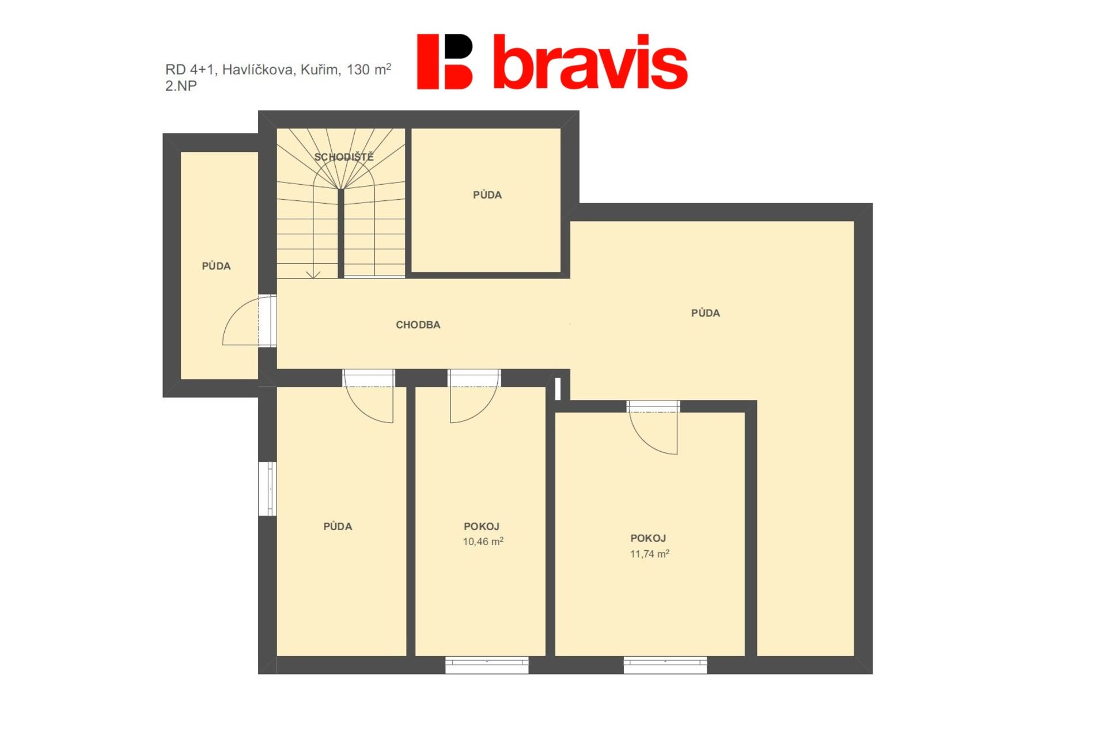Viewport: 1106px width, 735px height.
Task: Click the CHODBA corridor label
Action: tap(418, 325)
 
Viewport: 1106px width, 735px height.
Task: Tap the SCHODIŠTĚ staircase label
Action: tap(344, 157)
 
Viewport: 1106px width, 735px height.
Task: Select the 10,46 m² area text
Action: tap(483, 541)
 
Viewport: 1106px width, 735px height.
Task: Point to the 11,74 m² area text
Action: tap(649, 554)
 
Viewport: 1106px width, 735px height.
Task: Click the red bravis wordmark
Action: tap(590, 62)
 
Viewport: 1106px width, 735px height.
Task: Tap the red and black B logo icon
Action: tap(445, 62)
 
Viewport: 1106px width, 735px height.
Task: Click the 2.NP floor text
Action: tap(181, 86)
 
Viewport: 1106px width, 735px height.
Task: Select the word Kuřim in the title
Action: tap(320, 70)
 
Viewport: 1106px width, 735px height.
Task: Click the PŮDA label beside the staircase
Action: tap(487, 195)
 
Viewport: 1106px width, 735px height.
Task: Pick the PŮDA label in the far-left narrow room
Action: tap(216, 266)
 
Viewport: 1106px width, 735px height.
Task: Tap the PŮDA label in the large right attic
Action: tap(706, 313)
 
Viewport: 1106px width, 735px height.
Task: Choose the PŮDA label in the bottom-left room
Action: tap(338, 526)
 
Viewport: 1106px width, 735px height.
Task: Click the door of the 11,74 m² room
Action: tap(653, 428)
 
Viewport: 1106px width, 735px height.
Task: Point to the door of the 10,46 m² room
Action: tap(474, 397)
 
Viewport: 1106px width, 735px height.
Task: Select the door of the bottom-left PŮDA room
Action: tap(369, 397)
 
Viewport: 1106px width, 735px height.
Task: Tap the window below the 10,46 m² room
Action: tap(487, 665)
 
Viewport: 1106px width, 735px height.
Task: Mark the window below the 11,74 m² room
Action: tap(665, 665)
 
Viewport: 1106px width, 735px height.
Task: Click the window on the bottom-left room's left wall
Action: tap(268, 489)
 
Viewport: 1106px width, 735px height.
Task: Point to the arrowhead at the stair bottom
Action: tap(313, 275)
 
